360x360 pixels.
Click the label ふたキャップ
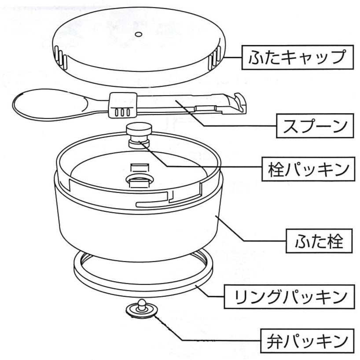(x=298, y=57)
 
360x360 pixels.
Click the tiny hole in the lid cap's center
(x=138, y=34)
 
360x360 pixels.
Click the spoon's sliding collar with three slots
(x=121, y=106)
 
